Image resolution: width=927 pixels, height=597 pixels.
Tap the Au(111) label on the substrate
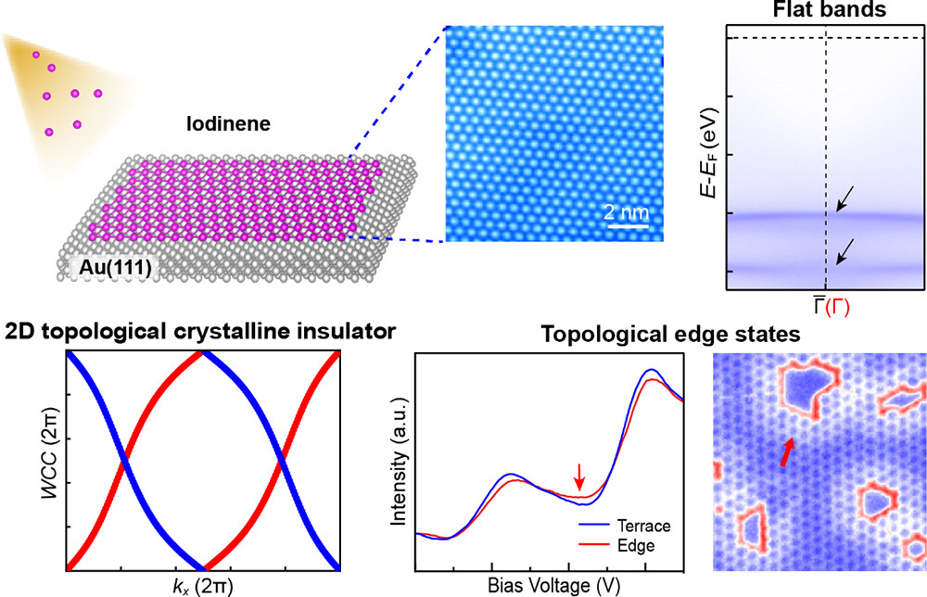(108, 269)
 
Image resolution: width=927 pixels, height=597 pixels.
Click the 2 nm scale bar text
(627, 212)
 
